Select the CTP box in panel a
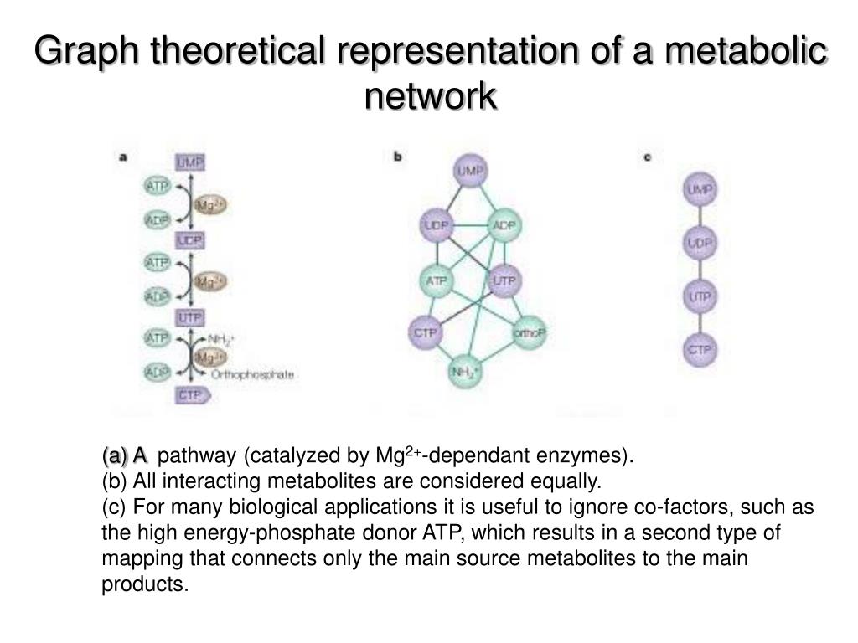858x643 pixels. coord(189,394)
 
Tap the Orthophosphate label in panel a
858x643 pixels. coord(252,375)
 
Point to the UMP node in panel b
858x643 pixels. coord(471,172)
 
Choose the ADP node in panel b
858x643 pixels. coord(504,226)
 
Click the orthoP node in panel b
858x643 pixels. coord(530,332)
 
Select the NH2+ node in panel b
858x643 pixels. coord(466,371)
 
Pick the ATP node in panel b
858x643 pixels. coord(436,280)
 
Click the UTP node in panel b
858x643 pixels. coord(504,280)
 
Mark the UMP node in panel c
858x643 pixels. coord(700,191)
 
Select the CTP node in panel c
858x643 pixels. coord(700,349)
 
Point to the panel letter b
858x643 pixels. coord(398,156)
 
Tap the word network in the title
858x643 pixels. coord(431,95)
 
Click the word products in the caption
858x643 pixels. coord(144,584)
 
